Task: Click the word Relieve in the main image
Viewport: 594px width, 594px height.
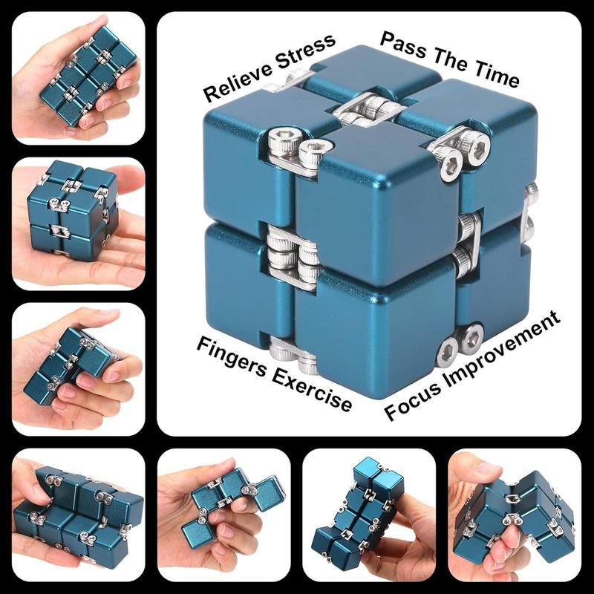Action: pos(235,82)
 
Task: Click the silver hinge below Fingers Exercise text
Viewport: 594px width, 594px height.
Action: pos(293,355)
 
